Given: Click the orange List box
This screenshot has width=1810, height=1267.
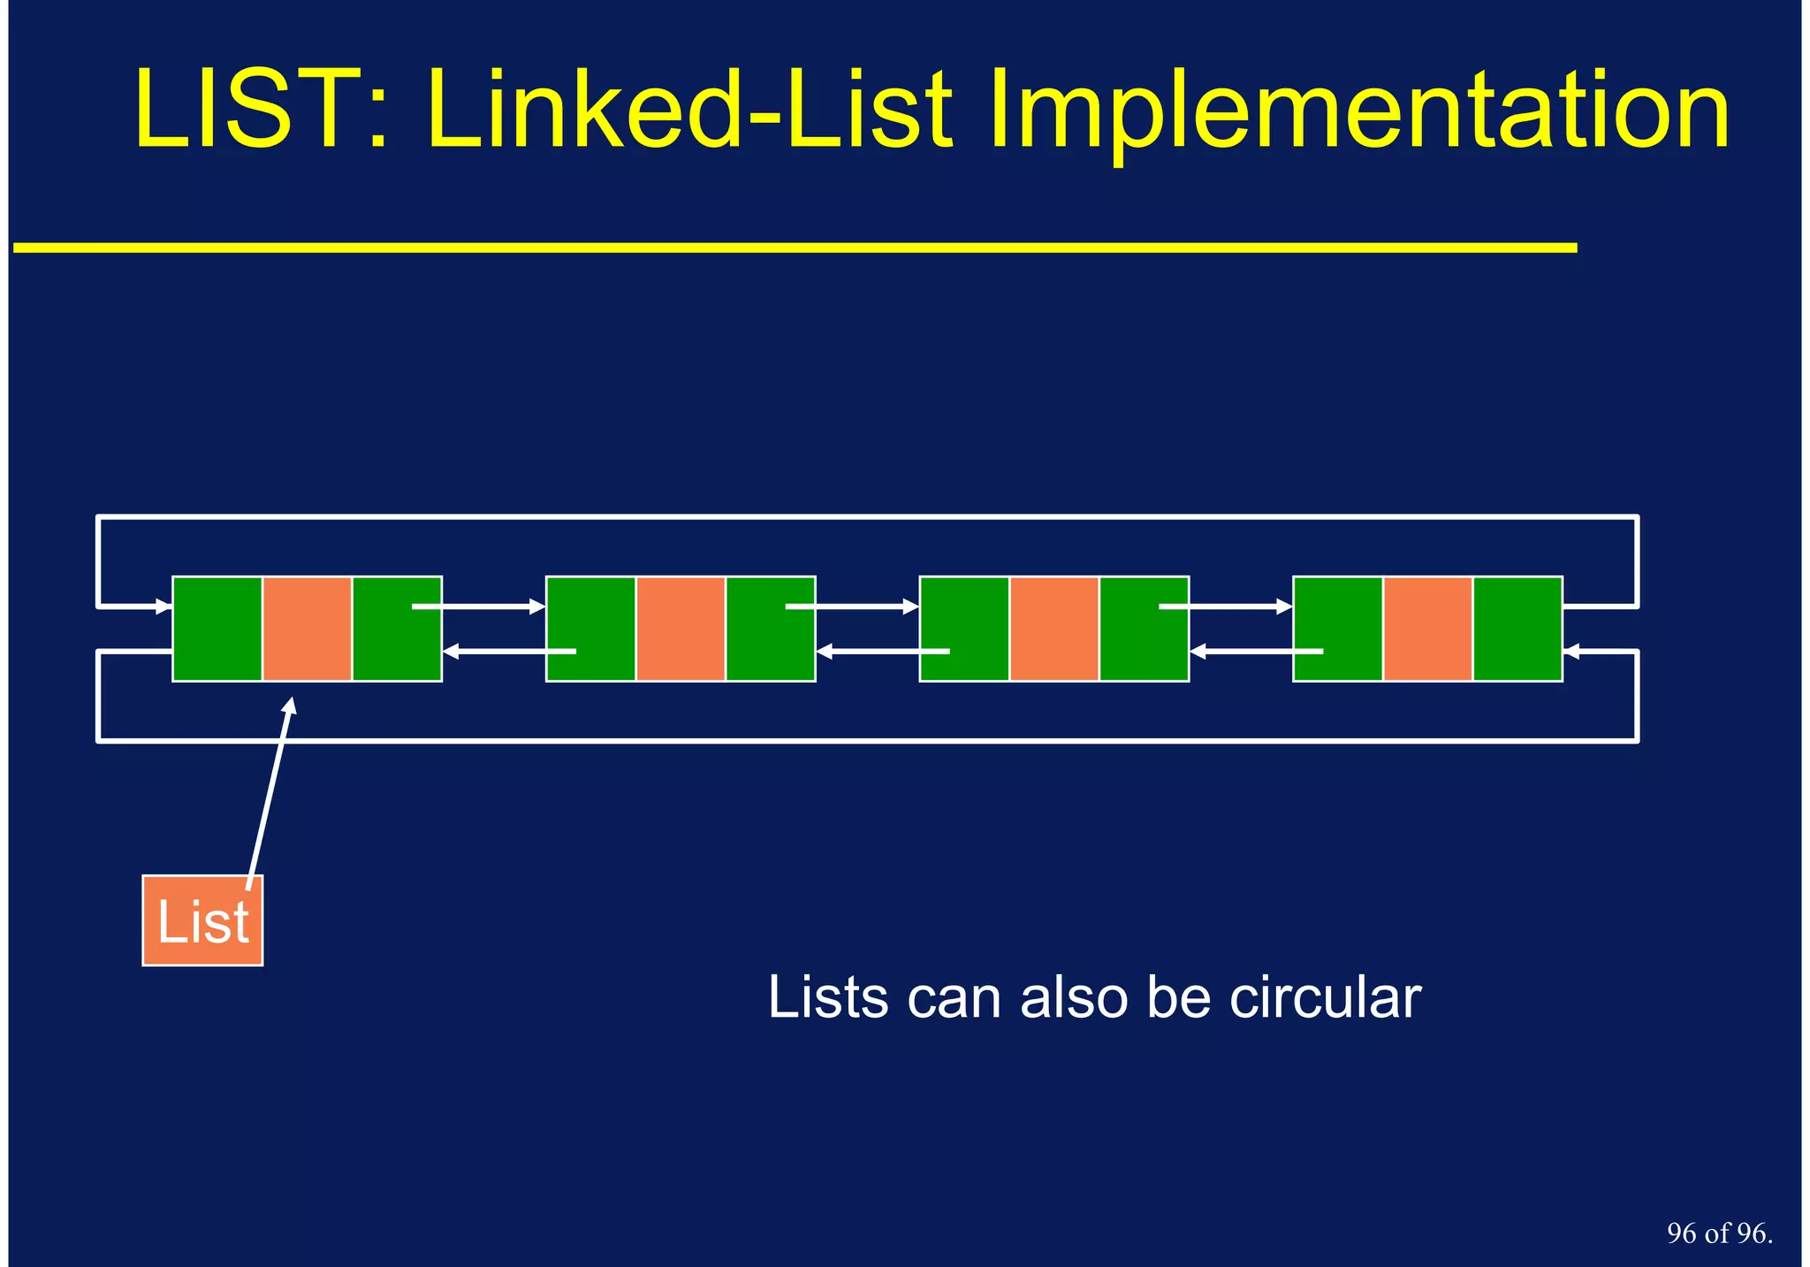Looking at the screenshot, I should (202, 920).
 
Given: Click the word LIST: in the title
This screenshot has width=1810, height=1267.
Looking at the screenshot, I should (261, 111).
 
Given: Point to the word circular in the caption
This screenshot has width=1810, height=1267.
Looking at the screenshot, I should (1325, 998).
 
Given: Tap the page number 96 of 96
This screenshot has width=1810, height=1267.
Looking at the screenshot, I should (1719, 1233).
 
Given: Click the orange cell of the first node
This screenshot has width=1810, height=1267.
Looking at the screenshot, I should (307, 629).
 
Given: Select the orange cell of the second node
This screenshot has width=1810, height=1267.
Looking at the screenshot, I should (681, 629).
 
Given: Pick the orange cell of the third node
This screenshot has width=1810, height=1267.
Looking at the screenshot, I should (1054, 629).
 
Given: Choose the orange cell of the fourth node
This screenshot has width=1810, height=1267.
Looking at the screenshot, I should (1427, 629).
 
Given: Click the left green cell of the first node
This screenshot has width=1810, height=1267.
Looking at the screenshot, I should (217, 629).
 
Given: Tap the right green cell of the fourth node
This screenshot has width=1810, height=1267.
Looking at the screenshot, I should (1517, 629).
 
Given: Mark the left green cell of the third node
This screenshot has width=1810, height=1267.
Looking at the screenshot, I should (964, 629).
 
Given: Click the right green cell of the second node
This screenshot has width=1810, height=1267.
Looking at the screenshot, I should (770, 629).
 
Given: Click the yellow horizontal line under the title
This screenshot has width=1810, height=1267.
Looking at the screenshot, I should (795, 248).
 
